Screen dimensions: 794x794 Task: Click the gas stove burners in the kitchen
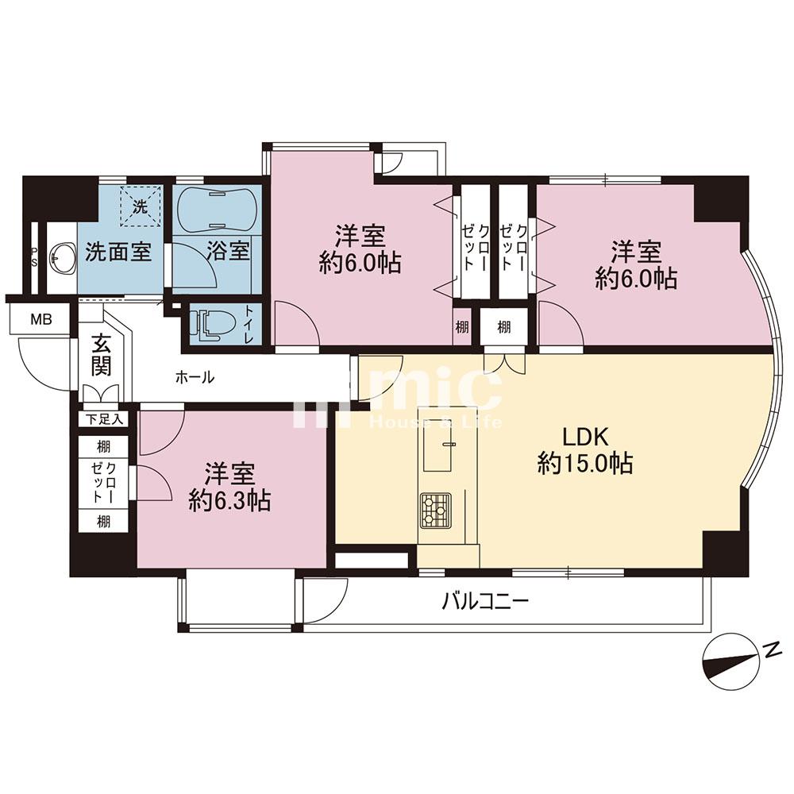coord(435,510)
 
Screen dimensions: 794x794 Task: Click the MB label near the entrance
coord(41,320)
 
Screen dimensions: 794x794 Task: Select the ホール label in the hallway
coord(195,377)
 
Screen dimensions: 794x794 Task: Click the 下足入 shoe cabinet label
coord(104,419)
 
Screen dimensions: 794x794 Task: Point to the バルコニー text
coord(486,602)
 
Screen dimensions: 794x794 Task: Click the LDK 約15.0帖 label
coord(585,450)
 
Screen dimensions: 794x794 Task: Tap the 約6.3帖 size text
coord(229,501)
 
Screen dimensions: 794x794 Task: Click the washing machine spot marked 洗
coord(141,206)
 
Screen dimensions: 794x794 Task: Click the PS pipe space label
coord(34,257)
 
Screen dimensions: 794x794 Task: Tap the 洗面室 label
coord(118,251)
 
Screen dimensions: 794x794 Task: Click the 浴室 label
coord(229,251)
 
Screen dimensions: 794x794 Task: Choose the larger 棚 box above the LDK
coord(504,327)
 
